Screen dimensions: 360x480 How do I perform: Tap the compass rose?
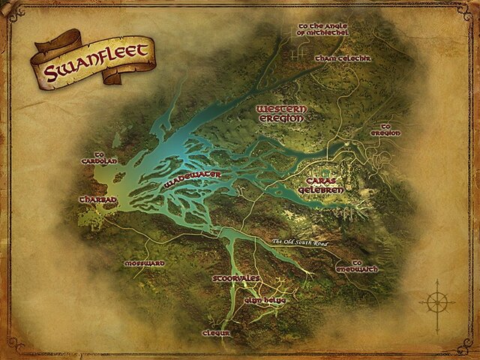[x=436, y=302]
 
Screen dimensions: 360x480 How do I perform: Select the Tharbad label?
[x=94, y=200]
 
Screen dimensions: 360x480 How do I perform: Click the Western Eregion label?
[x=280, y=113]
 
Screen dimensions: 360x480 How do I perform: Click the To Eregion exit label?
[x=391, y=130]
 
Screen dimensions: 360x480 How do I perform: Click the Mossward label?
[x=143, y=264]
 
